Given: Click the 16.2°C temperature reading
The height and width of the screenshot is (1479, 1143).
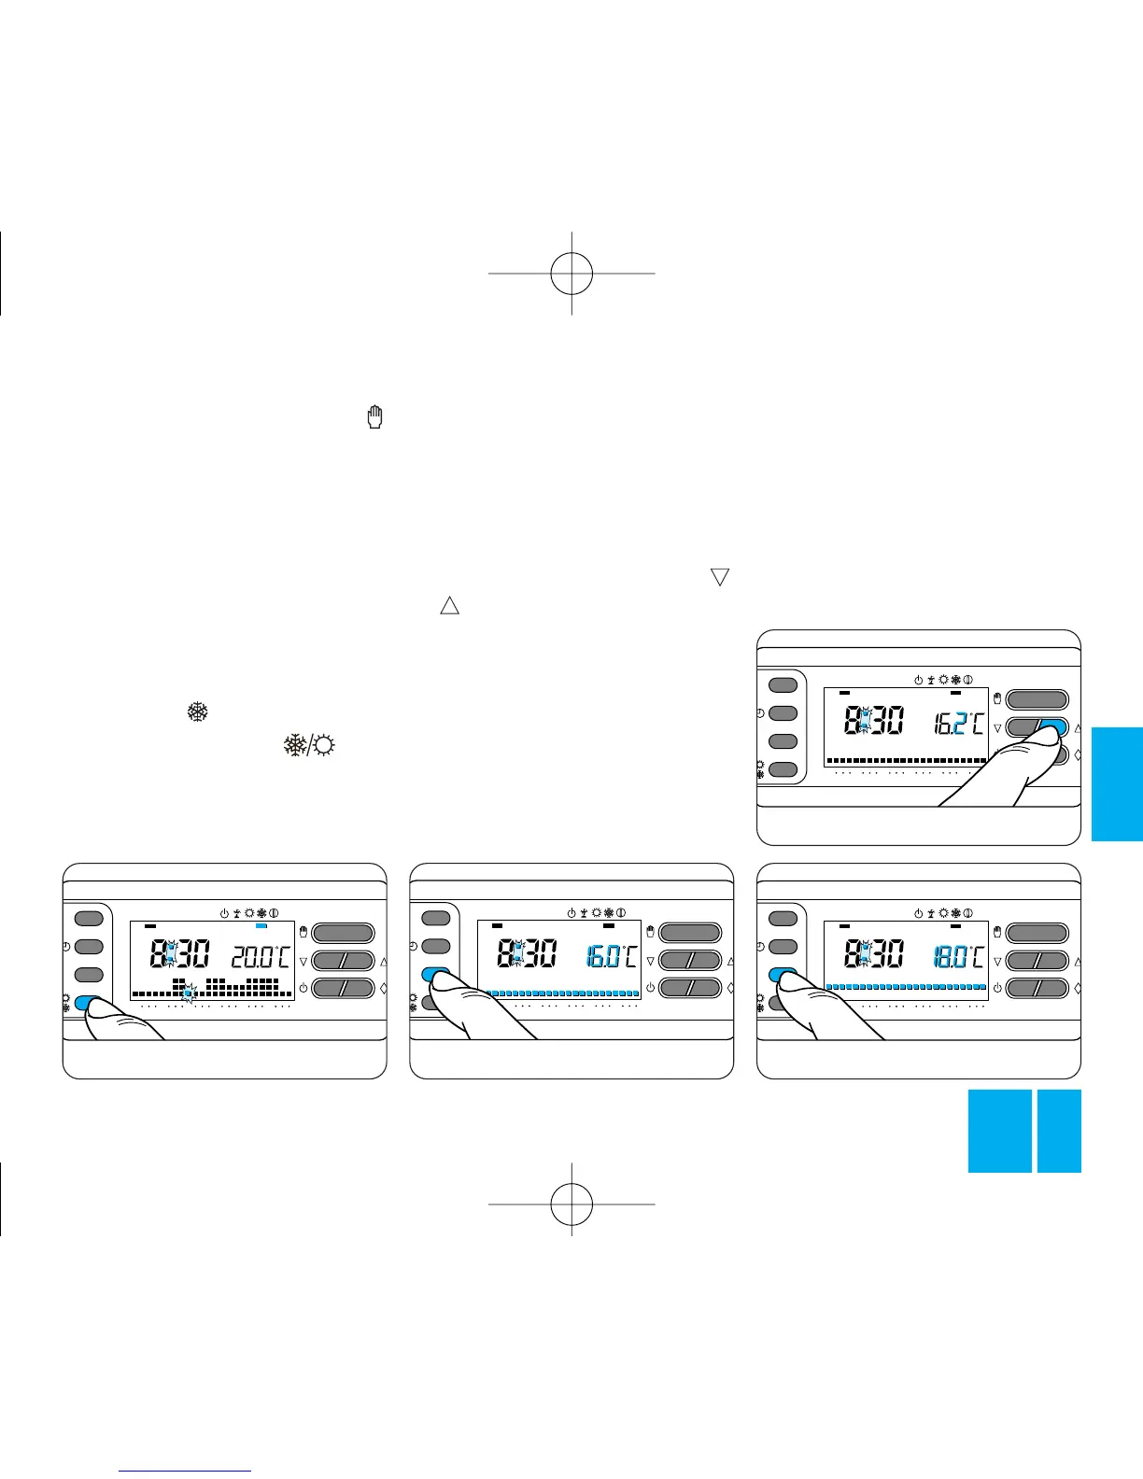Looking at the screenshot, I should coord(957,723).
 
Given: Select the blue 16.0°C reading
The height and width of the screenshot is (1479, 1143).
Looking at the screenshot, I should coord(612,956).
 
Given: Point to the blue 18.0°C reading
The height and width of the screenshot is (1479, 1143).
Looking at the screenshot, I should coord(957,956).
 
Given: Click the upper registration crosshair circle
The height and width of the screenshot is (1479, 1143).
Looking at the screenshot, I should coord(571,273).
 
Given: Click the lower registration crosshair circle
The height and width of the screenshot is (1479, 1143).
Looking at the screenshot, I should coord(571,1204).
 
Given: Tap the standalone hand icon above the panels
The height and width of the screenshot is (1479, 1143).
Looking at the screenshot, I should coord(376,417).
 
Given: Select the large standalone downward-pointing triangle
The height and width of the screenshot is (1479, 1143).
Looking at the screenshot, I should coord(719,577).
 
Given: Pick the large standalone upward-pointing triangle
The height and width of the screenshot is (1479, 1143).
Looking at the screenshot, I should coord(449,605).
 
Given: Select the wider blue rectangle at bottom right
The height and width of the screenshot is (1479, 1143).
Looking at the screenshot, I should coord(999,1131).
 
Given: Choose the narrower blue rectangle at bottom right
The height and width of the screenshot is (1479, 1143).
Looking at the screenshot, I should coord(1059,1131).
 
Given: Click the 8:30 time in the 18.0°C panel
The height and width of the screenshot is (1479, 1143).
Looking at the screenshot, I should coord(873,954).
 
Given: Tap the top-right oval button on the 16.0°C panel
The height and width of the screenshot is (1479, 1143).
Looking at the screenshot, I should coord(690,933).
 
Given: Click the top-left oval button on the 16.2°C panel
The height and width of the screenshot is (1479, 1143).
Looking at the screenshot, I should coord(783,685).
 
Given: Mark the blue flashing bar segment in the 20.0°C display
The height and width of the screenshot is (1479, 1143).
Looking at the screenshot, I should coord(189,995).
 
